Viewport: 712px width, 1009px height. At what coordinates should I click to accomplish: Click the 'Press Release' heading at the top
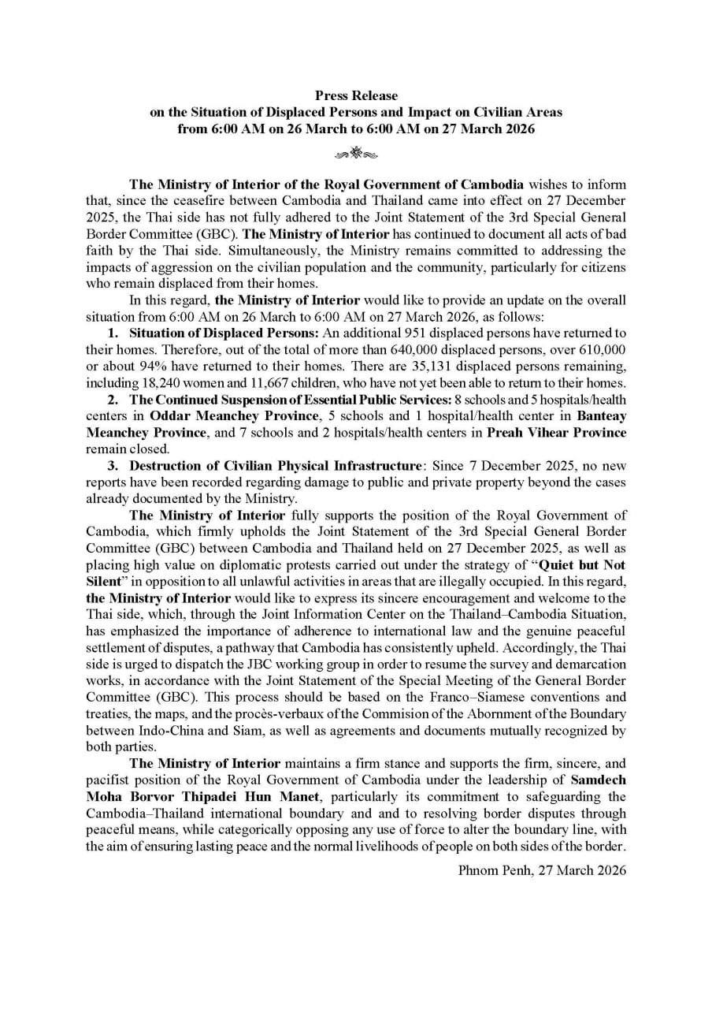coord(356,96)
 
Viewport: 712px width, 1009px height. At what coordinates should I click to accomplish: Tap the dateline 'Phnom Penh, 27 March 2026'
coord(542,870)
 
